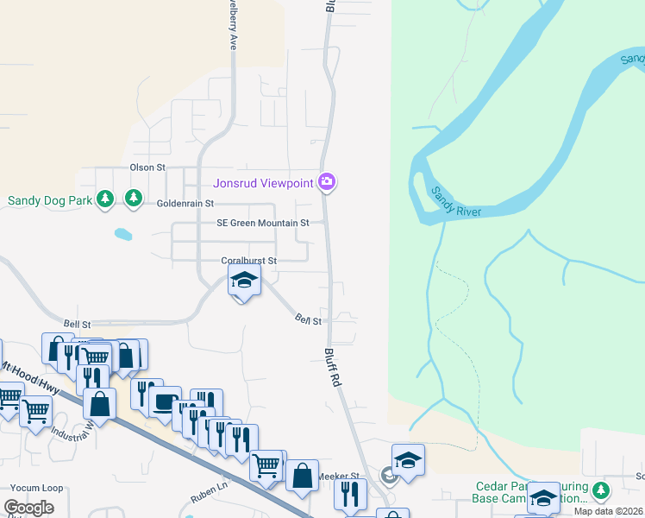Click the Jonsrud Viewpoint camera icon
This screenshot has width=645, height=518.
pos(327,181)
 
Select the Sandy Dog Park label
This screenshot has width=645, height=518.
pos(49,200)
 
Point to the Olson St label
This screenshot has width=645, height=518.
pos(147,167)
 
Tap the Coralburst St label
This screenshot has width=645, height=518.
pos(248,261)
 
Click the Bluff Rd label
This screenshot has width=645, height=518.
pos(334,368)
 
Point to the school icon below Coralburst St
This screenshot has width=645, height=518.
pos(244,281)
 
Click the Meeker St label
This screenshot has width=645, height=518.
pos(338,476)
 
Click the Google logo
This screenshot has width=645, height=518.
pos(28,508)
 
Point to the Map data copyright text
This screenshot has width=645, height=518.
pos(609,511)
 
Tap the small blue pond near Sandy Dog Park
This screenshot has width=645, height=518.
pos(123,233)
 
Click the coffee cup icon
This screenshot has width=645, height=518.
pos(165,401)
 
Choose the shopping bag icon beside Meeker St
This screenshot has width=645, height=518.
pos(302,476)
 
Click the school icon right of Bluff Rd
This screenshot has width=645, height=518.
pos(408,458)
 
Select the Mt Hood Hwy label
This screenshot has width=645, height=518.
pos(30,377)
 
